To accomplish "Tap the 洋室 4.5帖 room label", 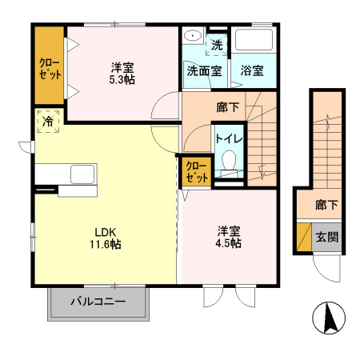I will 229,238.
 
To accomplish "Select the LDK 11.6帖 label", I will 104,238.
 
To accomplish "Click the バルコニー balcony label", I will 98,302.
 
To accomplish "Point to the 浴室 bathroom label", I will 252,70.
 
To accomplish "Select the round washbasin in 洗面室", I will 193,37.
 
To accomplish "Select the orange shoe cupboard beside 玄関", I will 304,238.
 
